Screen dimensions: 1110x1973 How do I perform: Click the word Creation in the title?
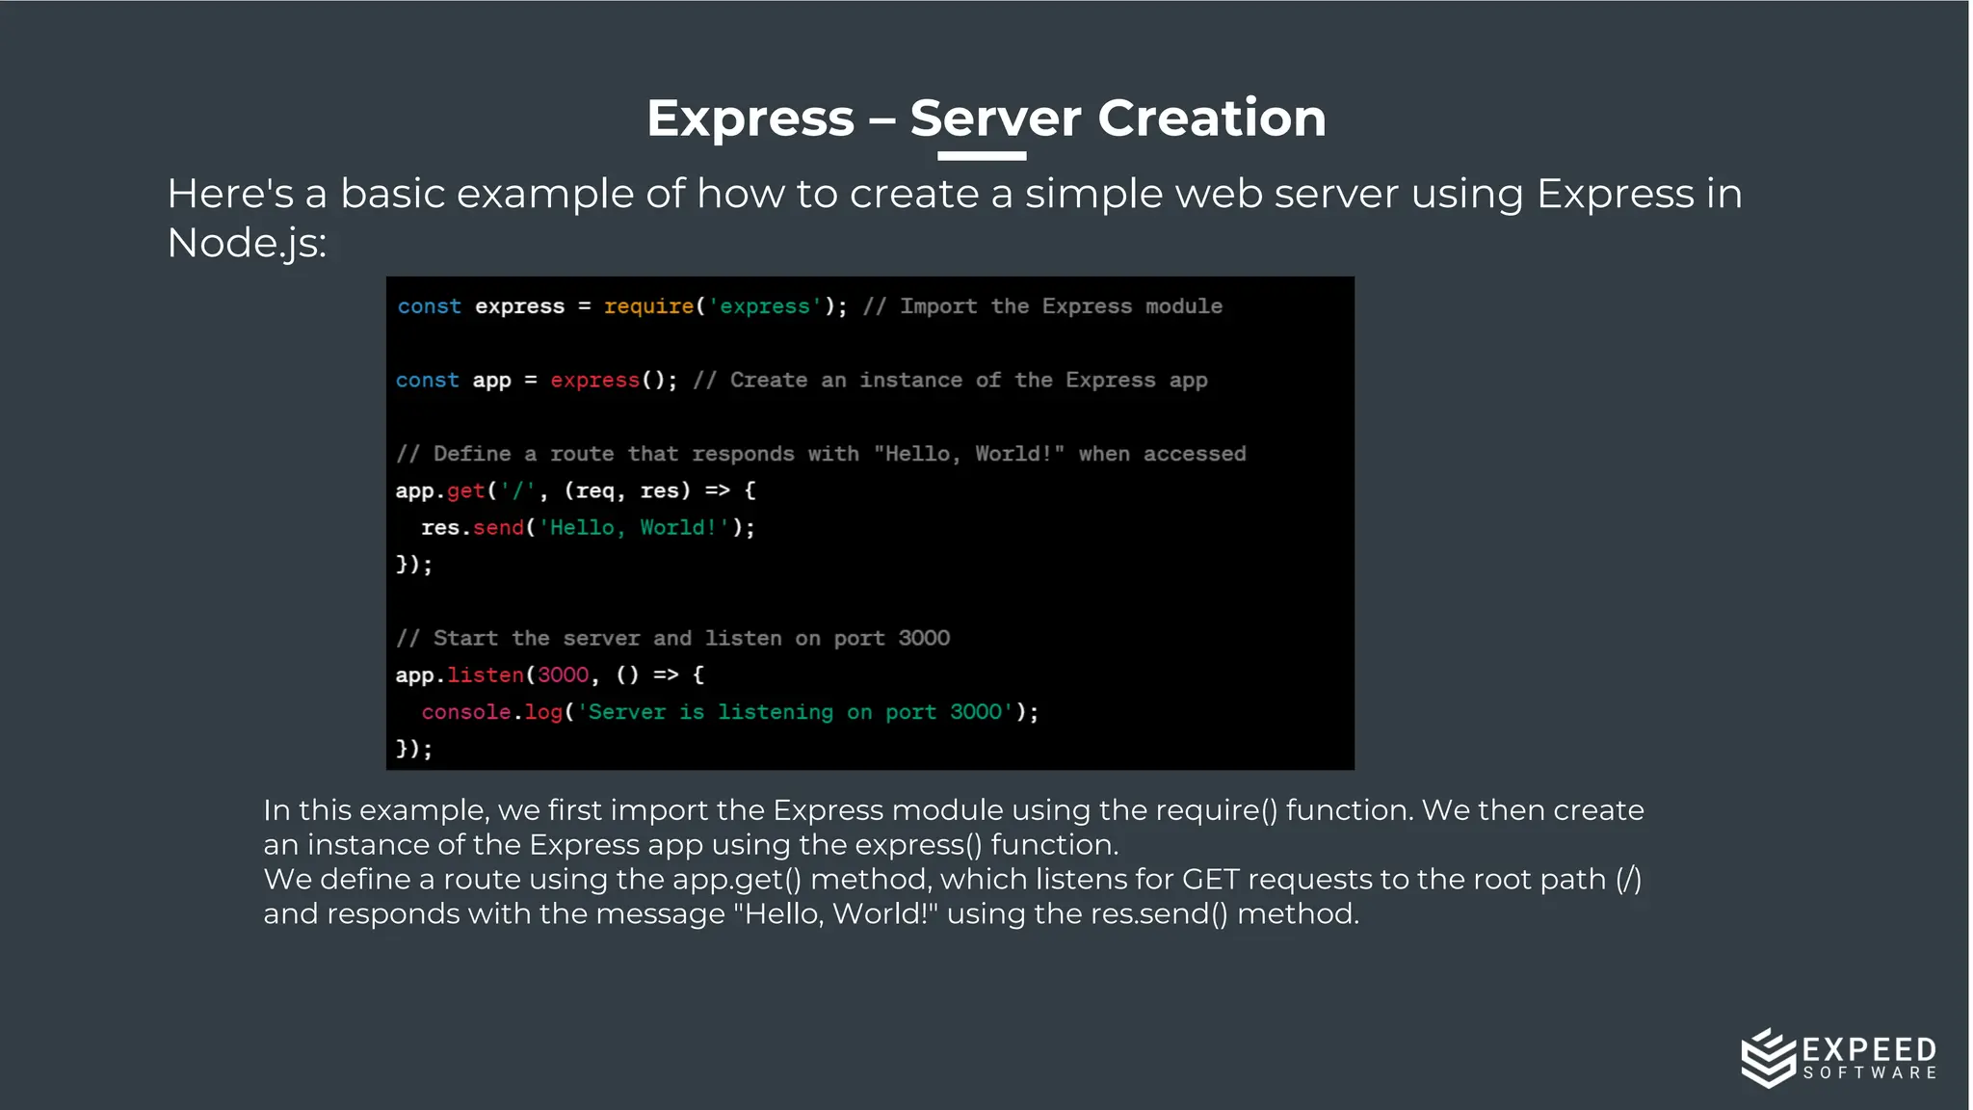click(1211, 119)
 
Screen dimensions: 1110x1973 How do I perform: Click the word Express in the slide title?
click(750, 119)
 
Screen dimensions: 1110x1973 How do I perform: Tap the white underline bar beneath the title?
click(981, 155)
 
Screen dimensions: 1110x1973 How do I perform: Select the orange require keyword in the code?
click(648, 306)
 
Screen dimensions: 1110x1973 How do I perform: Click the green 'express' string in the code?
click(765, 306)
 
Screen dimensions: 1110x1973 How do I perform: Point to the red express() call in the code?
click(595, 381)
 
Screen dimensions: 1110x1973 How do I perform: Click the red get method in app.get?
click(466, 490)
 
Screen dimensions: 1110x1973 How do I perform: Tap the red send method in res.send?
click(498, 528)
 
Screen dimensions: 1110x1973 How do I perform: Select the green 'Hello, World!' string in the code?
click(633, 528)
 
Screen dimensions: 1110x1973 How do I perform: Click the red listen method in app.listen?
click(486, 675)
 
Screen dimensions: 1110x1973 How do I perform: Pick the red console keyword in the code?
click(466, 712)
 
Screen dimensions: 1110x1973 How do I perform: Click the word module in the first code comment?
click(1184, 306)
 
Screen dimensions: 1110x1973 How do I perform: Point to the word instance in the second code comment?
click(910, 381)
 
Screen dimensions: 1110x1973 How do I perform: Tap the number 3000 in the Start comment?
click(924, 638)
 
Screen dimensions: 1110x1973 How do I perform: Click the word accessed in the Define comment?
click(1195, 454)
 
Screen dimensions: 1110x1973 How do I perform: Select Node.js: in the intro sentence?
click(247, 243)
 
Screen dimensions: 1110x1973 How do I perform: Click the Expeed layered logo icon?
click(1768, 1057)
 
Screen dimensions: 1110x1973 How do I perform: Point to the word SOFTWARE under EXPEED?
click(1870, 1072)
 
